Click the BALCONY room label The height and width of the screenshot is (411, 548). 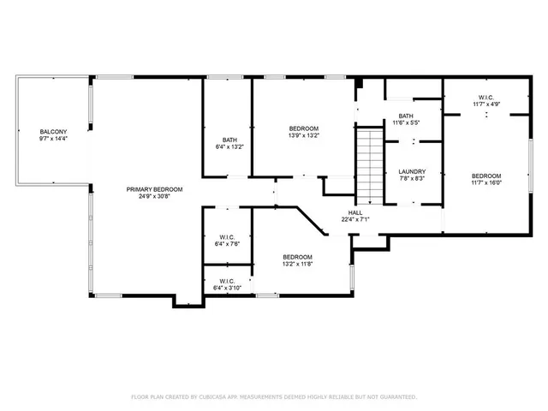52,132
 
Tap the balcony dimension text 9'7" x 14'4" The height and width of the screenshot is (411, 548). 52,139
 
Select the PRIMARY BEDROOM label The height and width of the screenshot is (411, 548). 154,188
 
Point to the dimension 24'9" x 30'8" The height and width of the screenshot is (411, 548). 154,196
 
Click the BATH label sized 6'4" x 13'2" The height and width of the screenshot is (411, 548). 229,140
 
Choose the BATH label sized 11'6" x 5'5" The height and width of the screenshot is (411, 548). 406,116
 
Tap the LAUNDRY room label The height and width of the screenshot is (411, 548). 412,171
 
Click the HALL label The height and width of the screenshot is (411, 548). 354,211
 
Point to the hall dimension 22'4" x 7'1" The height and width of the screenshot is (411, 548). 354,218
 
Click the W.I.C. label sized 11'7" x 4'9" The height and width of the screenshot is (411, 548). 485,97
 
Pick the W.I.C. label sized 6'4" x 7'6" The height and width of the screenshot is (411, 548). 227,237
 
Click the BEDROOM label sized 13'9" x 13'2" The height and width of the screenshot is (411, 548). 303,128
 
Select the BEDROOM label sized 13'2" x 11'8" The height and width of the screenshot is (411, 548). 297,257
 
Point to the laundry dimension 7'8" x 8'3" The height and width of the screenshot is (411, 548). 412,179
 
